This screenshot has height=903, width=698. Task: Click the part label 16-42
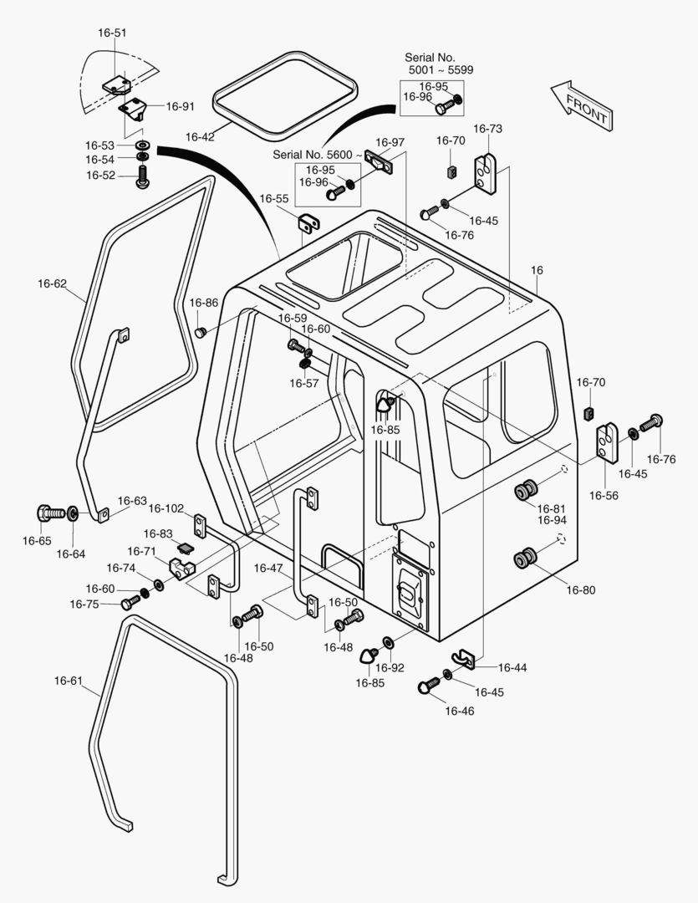click(x=200, y=137)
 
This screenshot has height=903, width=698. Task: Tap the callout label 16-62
click(x=53, y=283)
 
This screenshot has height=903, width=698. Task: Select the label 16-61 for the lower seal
click(x=69, y=681)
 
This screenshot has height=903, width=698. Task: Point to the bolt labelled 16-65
click(x=51, y=512)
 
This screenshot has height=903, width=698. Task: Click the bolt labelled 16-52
click(x=141, y=176)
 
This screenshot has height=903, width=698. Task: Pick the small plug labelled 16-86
click(x=201, y=332)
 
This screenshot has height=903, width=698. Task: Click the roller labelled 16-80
click(x=525, y=558)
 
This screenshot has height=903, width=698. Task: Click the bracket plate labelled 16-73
click(x=485, y=174)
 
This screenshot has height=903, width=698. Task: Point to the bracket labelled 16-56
click(x=606, y=442)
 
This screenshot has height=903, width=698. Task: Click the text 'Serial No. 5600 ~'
click(x=318, y=155)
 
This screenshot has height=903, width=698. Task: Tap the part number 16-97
click(x=390, y=142)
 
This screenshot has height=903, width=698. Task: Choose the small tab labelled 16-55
click(x=309, y=223)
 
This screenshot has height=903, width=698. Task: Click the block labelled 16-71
click(x=182, y=568)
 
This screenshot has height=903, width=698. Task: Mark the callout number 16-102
click(x=166, y=508)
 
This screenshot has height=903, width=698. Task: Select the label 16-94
click(x=552, y=520)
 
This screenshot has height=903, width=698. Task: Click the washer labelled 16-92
click(x=388, y=641)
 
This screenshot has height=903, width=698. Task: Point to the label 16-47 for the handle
click(x=268, y=569)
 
